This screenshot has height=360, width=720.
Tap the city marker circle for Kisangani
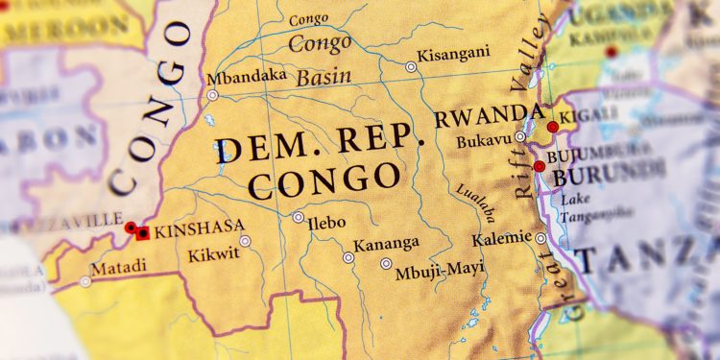[411, 67]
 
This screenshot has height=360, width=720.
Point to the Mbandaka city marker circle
[212, 95]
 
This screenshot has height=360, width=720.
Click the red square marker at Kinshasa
[143, 232]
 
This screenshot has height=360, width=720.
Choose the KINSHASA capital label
[200, 230]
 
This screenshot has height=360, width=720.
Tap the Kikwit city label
[213, 255]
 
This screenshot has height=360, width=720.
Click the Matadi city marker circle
[85, 281]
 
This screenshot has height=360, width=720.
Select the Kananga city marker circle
[348, 257]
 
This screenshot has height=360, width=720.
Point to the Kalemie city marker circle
[540, 238]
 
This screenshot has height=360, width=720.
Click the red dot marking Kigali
[552, 127]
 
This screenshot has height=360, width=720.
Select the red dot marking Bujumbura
[540, 166]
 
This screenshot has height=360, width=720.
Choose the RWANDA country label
[482, 118]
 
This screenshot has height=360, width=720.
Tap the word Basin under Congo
[324, 78]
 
